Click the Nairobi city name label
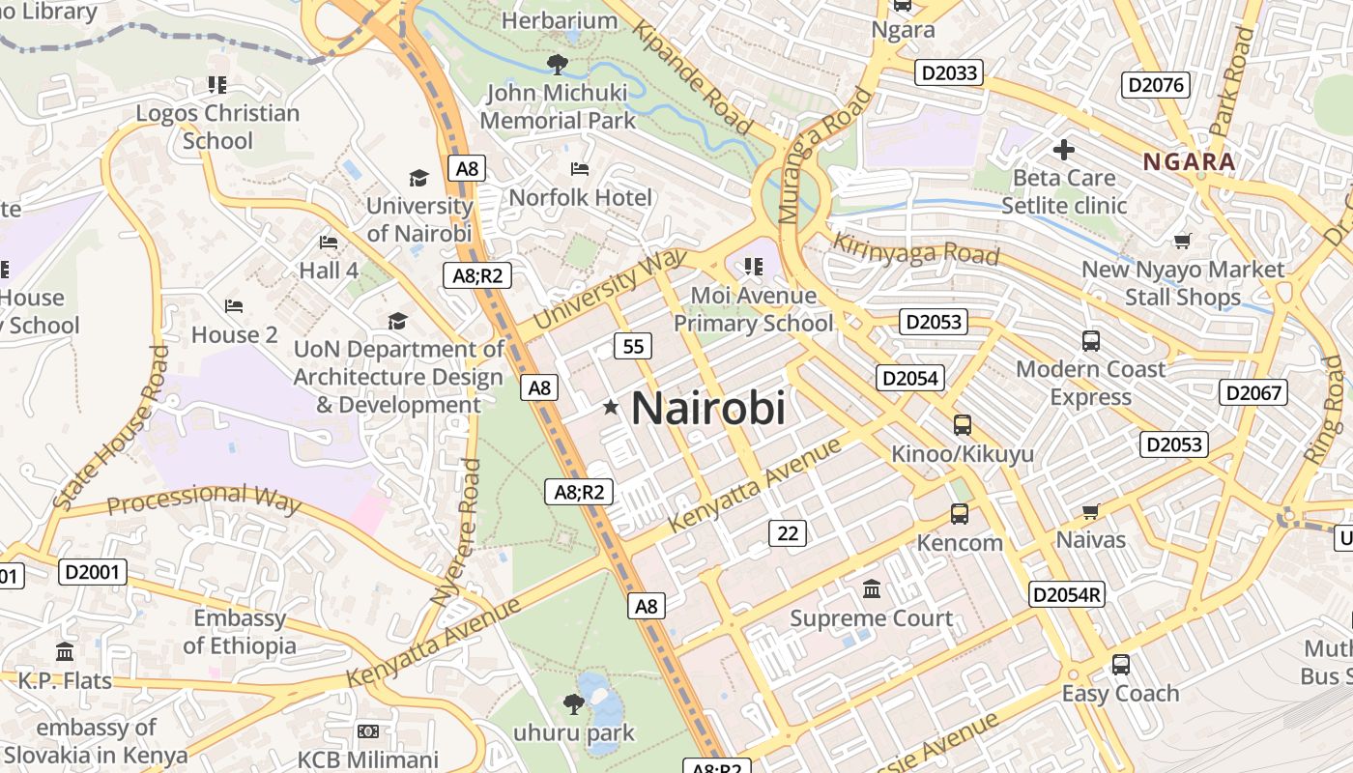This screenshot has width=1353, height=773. pos(707,408)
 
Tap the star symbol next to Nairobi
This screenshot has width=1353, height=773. pos(610,408)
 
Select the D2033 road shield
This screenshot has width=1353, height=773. pos(950,72)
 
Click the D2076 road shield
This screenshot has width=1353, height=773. pos(1156,85)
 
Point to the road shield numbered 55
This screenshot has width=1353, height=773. pos(633,346)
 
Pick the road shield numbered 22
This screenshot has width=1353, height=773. pos(788,532)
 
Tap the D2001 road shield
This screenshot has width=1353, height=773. pos(93,572)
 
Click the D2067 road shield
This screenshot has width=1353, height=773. pos(1253,392)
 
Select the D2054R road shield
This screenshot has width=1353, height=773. pos(1066,594)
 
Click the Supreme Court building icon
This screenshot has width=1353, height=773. pos(872,588)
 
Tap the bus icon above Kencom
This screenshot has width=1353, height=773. pos(959,514)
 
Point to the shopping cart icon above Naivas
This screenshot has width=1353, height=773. pos(1091,511)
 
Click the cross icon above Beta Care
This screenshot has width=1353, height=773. pos(1064,150)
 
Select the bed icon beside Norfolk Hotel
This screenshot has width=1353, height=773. pos(580,169)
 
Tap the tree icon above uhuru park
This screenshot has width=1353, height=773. pos(573,703)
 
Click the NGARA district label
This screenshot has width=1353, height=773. pos(1190,161)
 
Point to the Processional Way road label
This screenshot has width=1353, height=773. pos(204,500)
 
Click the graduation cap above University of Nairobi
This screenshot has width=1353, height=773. pos(418,178)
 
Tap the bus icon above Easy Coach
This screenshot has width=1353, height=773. pos(1120,665)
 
